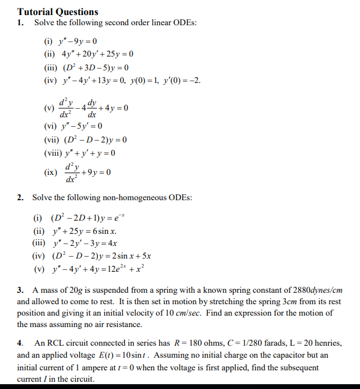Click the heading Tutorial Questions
(58, 11)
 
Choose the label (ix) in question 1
(51, 173)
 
